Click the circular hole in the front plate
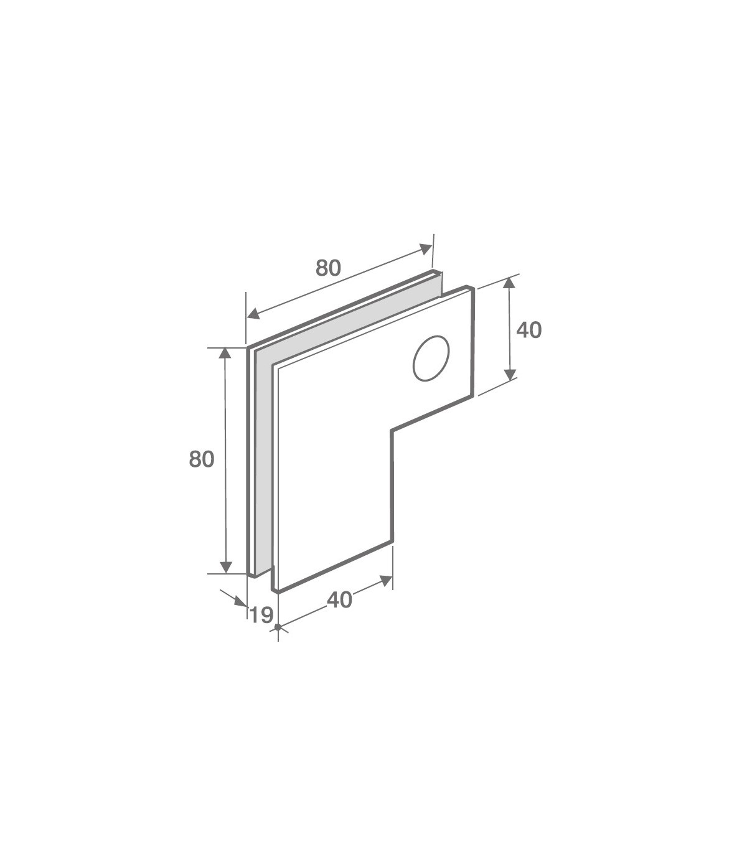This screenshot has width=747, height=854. [431, 358]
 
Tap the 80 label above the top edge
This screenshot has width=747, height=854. [329, 268]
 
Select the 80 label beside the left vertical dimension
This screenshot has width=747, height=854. [202, 459]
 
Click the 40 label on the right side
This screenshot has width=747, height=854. [529, 330]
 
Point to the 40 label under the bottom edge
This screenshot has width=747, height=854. [339, 600]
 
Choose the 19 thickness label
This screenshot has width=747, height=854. [261, 615]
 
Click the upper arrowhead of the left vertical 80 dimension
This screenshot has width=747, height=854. [225, 353]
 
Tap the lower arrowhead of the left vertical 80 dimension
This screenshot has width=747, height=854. [226, 567]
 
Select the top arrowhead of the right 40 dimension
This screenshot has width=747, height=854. [509, 283]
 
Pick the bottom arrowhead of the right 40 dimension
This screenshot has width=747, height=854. [510, 375]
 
